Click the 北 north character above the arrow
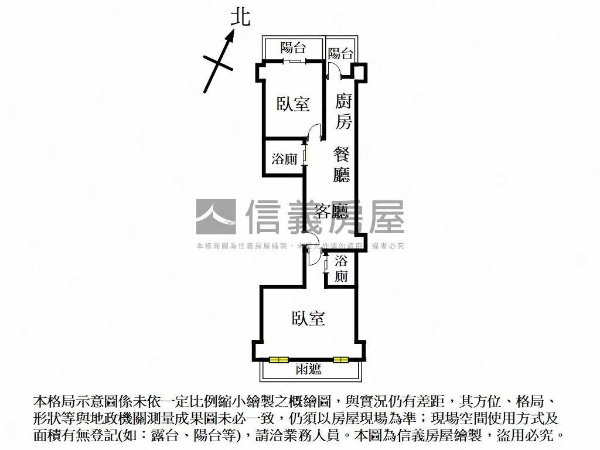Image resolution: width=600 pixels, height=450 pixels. coord(240,16)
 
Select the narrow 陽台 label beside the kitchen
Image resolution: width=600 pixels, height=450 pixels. coord(340,54)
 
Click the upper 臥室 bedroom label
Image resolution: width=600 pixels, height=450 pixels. coord(293,104)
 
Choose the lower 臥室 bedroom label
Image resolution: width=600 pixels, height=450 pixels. coord(308,318)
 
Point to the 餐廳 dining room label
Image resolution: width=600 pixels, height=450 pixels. coord(342,165)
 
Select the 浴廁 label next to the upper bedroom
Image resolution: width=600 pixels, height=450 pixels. coord(284,159)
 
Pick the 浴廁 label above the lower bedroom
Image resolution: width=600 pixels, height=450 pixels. coord(342,269)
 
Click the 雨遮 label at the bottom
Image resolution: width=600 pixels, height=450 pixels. coord(309,369)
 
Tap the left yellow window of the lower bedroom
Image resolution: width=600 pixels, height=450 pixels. coord(279,359)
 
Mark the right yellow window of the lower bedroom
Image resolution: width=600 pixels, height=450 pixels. coord(340,359)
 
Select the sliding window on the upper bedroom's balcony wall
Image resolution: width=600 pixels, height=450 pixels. coord(294,61)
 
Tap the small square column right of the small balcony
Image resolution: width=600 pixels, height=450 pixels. coord(359,71)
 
